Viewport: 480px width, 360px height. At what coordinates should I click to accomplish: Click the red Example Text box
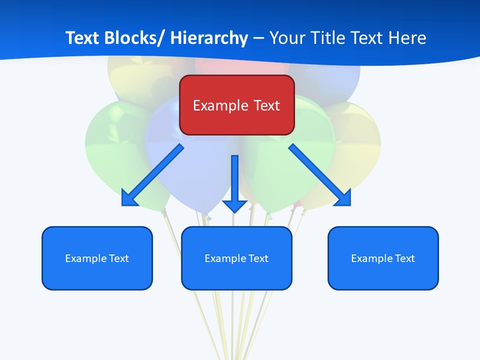click(236, 105)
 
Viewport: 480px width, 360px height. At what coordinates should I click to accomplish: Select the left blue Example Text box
click(97, 258)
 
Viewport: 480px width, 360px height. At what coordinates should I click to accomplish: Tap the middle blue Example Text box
click(236, 258)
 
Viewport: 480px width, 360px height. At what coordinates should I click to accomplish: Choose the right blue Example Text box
click(383, 258)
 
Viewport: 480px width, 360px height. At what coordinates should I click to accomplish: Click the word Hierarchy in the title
click(209, 38)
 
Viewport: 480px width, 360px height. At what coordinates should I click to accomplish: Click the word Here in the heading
click(408, 38)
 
